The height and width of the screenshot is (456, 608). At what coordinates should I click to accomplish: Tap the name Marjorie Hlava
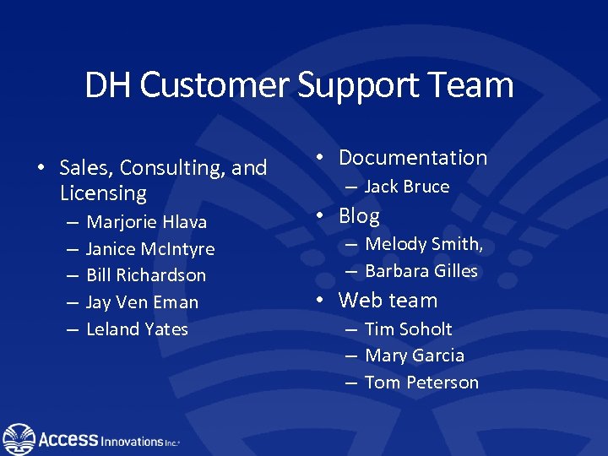146,222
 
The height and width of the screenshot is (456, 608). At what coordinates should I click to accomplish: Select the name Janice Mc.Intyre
150,249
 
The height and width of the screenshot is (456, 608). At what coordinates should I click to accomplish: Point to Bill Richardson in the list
146,275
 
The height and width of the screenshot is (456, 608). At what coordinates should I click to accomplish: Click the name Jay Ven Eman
142,302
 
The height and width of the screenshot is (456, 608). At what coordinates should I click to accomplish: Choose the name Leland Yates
137,329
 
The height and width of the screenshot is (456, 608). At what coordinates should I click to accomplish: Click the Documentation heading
413,158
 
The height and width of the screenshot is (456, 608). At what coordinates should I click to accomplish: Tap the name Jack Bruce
406,187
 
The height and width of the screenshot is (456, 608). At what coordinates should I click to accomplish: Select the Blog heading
359,216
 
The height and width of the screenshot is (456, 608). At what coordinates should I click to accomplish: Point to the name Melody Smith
423,245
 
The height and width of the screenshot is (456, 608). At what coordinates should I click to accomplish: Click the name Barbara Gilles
421,271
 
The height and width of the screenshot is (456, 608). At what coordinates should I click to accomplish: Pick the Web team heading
388,301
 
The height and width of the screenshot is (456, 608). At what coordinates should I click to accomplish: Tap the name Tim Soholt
408,329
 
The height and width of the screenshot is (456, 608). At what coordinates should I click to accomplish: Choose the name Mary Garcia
414,356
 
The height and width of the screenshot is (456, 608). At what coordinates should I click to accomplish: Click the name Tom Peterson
421,383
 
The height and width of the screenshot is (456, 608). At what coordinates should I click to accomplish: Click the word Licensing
103,193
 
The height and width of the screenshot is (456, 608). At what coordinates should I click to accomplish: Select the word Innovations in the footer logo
133,442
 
